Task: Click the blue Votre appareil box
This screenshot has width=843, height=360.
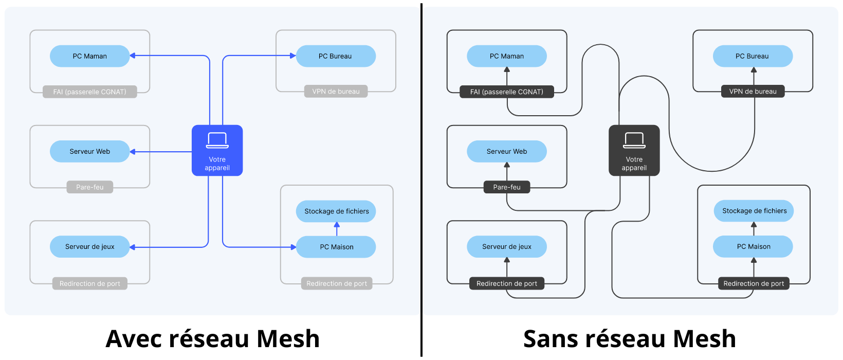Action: click(x=217, y=150)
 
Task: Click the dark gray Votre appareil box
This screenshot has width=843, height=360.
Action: click(x=634, y=150)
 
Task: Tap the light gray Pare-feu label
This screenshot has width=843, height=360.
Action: click(x=89, y=187)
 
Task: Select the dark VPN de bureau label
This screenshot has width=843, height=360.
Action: click(x=753, y=92)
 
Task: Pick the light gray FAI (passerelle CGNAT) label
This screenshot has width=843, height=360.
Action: click(x=89, y=92)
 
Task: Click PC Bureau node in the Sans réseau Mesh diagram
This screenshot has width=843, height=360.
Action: click(x=753, y=56)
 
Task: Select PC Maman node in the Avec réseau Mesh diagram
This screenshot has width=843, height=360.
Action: click(x=89, y=56)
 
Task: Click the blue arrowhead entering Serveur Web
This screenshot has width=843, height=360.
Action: click(x=133, y=152)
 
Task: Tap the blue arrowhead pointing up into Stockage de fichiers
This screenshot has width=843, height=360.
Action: click(x=337, y=225)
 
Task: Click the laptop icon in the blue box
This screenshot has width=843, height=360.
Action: click(x=217, y=140)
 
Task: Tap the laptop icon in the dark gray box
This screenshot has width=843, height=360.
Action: click(x=634, y=140)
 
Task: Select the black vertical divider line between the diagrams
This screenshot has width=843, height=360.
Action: click(x=421, y=180)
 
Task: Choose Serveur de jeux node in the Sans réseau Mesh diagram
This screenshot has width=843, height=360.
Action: click(x=506, y=247)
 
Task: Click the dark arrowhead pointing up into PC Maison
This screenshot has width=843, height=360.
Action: click(x=754, y=260)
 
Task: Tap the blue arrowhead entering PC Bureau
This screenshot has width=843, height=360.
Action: click(x=293, y=56)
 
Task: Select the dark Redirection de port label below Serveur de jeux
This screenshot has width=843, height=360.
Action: click(x=506, y=283)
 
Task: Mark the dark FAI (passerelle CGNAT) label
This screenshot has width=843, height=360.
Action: click(x=506, y=92)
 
